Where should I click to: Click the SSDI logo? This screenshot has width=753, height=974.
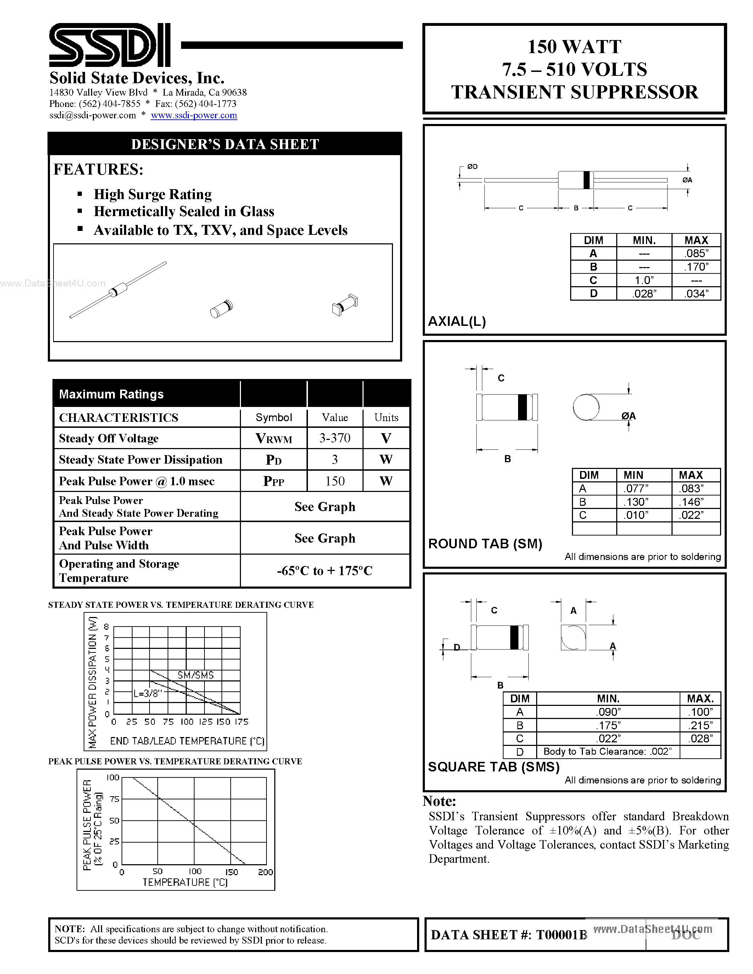[109, 45]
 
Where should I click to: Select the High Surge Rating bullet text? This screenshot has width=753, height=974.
[153, 194]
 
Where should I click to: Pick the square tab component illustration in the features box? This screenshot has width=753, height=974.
[345, 305]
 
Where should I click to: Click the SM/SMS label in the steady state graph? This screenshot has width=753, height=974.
[195, 675]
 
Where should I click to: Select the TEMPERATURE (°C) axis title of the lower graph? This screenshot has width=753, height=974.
[185, 883]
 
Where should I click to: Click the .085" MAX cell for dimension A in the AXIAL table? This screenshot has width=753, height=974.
[696, 253]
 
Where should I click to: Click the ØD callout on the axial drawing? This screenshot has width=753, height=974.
[472, 167]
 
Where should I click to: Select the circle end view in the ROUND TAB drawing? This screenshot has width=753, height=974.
[586, 407]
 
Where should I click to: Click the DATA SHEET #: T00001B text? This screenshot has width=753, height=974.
[508, 935]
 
